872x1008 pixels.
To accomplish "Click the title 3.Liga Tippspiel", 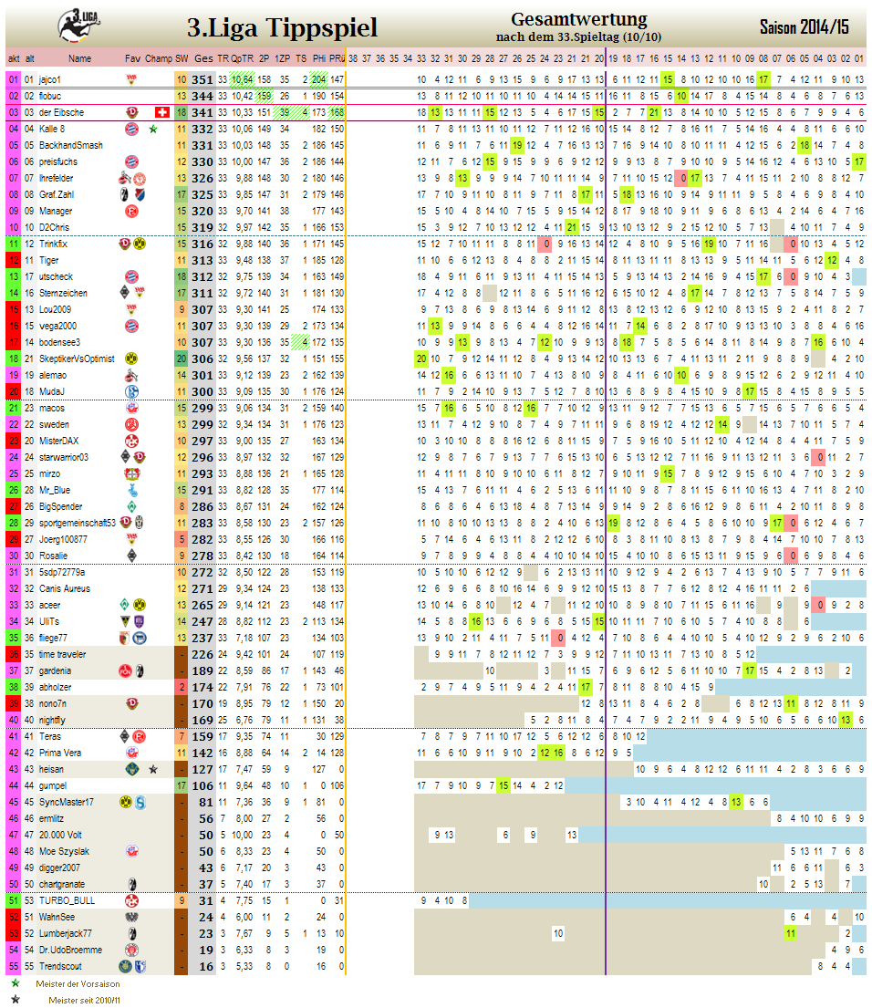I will click(282, 27).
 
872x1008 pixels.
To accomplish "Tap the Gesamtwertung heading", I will click(578, 19).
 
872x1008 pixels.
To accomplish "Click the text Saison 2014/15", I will click(804, 26).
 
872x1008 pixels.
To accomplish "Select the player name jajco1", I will click(50, 79).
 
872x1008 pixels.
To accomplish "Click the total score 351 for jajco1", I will click(202, 79).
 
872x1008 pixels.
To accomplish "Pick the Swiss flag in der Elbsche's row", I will click(163, 112).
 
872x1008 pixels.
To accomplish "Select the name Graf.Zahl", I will click(57, 194).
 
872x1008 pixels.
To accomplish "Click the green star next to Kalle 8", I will click(153, 129).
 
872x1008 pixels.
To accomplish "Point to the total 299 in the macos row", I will click(202, 409).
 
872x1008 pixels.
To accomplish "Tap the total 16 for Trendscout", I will click(205, 966).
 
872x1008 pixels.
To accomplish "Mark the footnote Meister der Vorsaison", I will click(78, 984).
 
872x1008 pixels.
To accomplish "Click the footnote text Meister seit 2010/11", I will click(85, 1001).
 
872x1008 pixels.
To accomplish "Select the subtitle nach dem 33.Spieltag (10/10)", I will click(578, 36).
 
